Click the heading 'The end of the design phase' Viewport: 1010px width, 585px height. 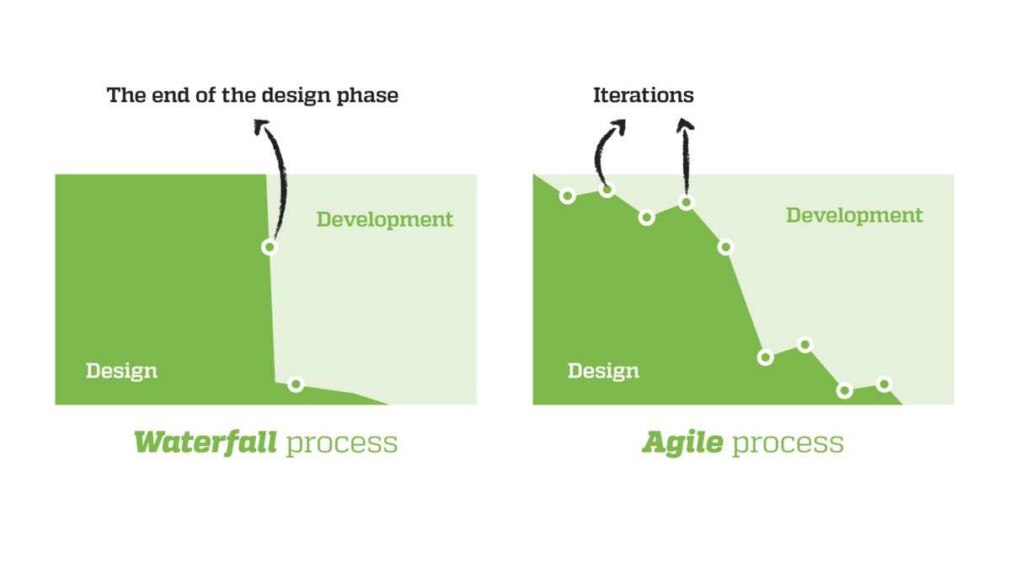[253, 95]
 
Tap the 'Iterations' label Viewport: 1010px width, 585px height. [644, 95]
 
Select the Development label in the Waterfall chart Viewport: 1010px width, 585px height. [385, 220]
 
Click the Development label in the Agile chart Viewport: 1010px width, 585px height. [854, 215]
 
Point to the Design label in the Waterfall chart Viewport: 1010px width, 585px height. [122, 371]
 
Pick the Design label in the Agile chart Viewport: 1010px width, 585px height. [603, 371]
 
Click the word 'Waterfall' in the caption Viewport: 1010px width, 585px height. [206, 443]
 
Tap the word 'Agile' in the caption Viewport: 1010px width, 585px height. [683, 443]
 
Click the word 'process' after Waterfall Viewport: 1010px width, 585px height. [342, 444]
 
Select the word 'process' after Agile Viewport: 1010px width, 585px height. [788, 444]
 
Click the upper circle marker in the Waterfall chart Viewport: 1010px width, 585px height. [270, 247]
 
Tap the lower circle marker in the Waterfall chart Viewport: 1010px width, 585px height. [296, 384]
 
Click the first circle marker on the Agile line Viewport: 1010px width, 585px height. [568, 196]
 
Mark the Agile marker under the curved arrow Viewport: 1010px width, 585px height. [607, 190]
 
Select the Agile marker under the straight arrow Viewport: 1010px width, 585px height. [687, 202]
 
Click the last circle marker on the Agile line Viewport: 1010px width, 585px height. [884, 384]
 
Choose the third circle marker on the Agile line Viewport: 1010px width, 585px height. [647, 217]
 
